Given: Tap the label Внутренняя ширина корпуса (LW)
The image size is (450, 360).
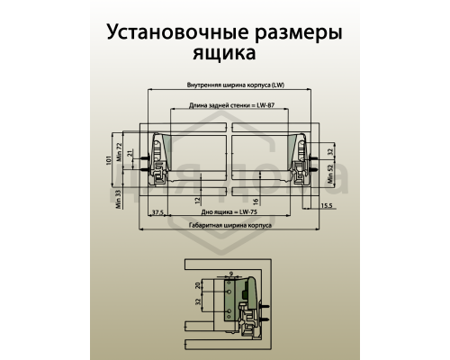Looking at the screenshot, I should (225, 85).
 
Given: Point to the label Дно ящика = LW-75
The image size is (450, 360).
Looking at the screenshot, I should (225, 210).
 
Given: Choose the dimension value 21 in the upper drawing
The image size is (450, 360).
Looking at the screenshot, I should (130, 156).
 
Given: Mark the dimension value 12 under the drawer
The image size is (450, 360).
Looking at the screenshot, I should (196, 200).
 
